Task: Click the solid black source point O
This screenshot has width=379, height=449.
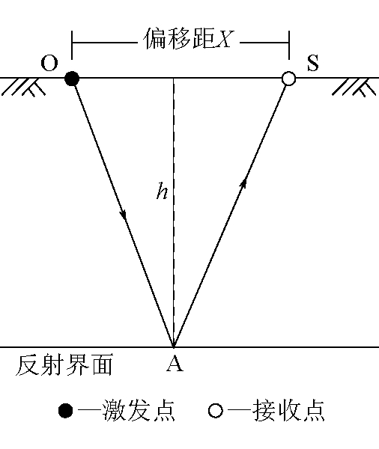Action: pos(72,79)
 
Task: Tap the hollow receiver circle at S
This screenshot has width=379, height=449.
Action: pos(288,79)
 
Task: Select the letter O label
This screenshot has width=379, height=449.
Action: pos(49,64)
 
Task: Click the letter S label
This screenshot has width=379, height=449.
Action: pos(313,63)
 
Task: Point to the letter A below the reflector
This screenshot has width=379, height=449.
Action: pos(175,364)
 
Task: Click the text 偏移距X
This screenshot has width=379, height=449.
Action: pos(188,39)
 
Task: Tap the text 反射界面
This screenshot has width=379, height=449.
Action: pos(64,364)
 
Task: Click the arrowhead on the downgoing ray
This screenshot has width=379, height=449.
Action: pos(124,215)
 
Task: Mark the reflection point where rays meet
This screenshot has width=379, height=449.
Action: pos(174,346)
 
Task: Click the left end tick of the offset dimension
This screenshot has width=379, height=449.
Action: pos(72,45)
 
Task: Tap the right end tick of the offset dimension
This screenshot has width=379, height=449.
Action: pos(289,45)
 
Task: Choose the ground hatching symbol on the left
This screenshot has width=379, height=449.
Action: pos(23,88)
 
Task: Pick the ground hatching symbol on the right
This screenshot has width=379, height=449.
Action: pos(354,88)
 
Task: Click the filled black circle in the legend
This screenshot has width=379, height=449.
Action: pos(65,411)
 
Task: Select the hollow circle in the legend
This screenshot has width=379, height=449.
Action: pos(215,411)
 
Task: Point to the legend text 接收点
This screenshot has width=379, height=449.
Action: pos(289,410)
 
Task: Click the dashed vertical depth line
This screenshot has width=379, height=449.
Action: pos(173,213)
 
